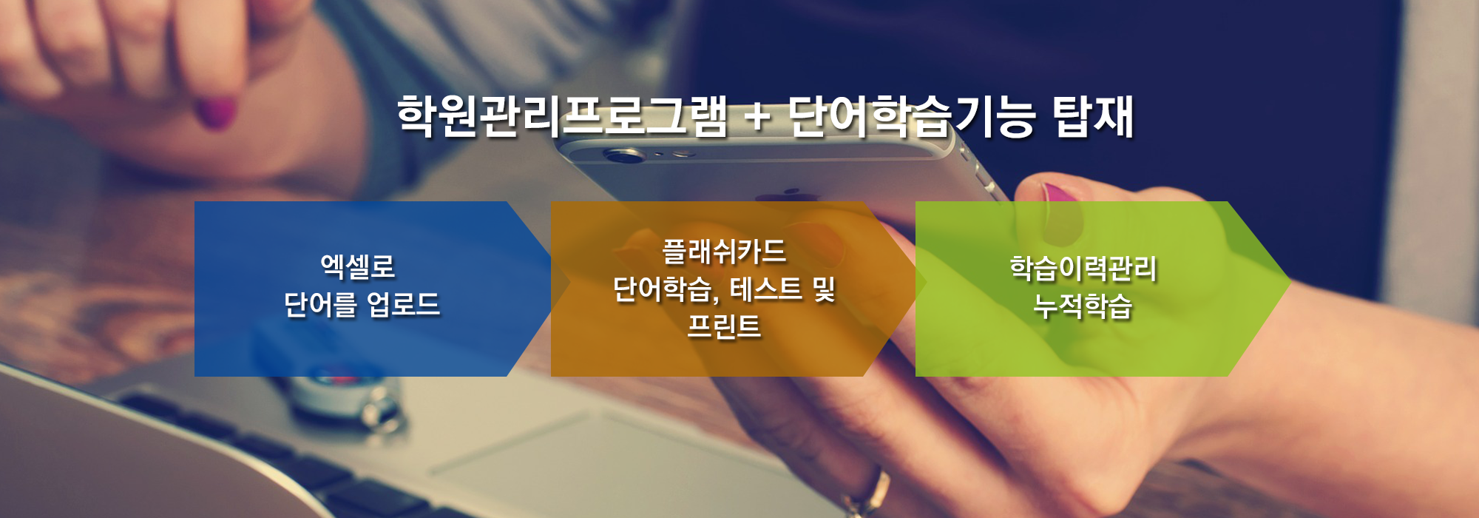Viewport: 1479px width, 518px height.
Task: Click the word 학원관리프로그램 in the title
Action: [x=563, y=117]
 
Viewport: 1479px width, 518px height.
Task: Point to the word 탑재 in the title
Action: [x=1093, y=117]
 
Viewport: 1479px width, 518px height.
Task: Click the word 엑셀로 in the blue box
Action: [x=358, y=266]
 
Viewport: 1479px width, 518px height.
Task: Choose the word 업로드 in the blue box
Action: [x=403, y=304]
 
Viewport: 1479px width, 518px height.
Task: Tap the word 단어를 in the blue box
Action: [x=320, y=304]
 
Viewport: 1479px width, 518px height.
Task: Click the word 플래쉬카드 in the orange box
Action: [x=724, y=252]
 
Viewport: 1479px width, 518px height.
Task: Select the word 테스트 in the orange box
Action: [x=766, y=289]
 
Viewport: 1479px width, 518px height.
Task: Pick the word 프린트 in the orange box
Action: [x=724, y=326]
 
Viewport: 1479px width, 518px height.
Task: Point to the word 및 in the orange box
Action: [x=824, y=289]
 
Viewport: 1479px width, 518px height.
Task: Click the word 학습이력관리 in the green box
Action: [x=1083, y=268]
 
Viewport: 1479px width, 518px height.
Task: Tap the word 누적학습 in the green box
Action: [x=1083, y=306]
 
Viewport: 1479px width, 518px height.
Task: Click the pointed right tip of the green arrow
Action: [x=1290, y=282]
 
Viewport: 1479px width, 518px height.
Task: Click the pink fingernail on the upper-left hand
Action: [x=217, y=112]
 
